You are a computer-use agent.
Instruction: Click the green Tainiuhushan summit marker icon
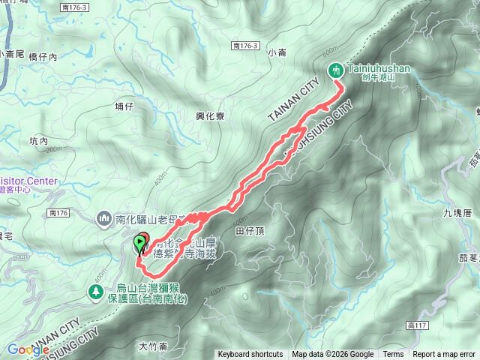(x=336, y=70)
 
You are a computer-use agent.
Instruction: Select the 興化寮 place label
(x=210, y=116)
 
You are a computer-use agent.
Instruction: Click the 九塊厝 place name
(x=457, y=213)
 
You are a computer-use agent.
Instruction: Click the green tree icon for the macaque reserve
(x=95, y=291)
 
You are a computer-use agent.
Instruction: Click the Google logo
(x=28, y=349)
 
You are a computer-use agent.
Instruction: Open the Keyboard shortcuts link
(x=250, y=355)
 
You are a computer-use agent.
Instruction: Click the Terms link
(x=393, y=355)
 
